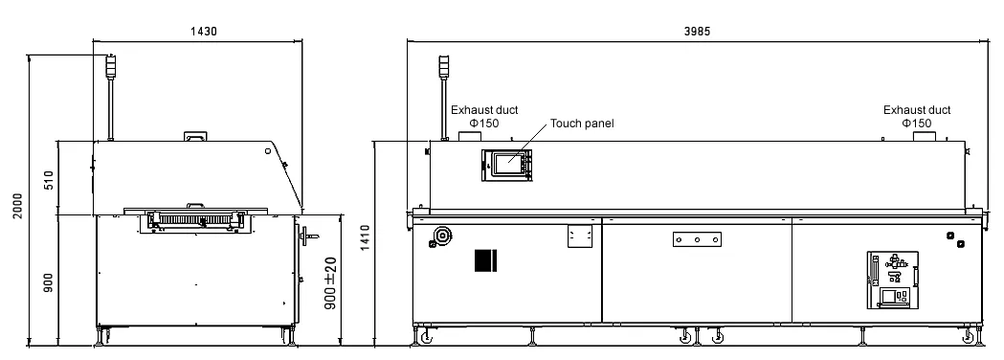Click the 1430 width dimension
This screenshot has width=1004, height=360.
[204, 31]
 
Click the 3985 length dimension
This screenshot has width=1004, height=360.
[697, 31]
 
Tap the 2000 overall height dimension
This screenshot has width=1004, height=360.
[18, 206]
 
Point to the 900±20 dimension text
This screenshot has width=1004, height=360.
[330, 283]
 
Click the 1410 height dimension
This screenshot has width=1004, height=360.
[365, 237]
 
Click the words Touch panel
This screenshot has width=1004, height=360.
[582, 123]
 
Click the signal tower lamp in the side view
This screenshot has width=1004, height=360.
[111, 66]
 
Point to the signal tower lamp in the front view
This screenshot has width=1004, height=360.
[444, 67]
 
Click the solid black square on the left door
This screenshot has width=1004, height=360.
[486, 260]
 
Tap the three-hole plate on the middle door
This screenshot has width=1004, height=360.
[698, 239]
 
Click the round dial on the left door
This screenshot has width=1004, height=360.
[441, 236]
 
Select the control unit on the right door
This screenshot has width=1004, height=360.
[893, 280]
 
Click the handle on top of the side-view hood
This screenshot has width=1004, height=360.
[195, 137]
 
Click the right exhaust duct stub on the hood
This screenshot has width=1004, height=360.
[922, 137]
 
